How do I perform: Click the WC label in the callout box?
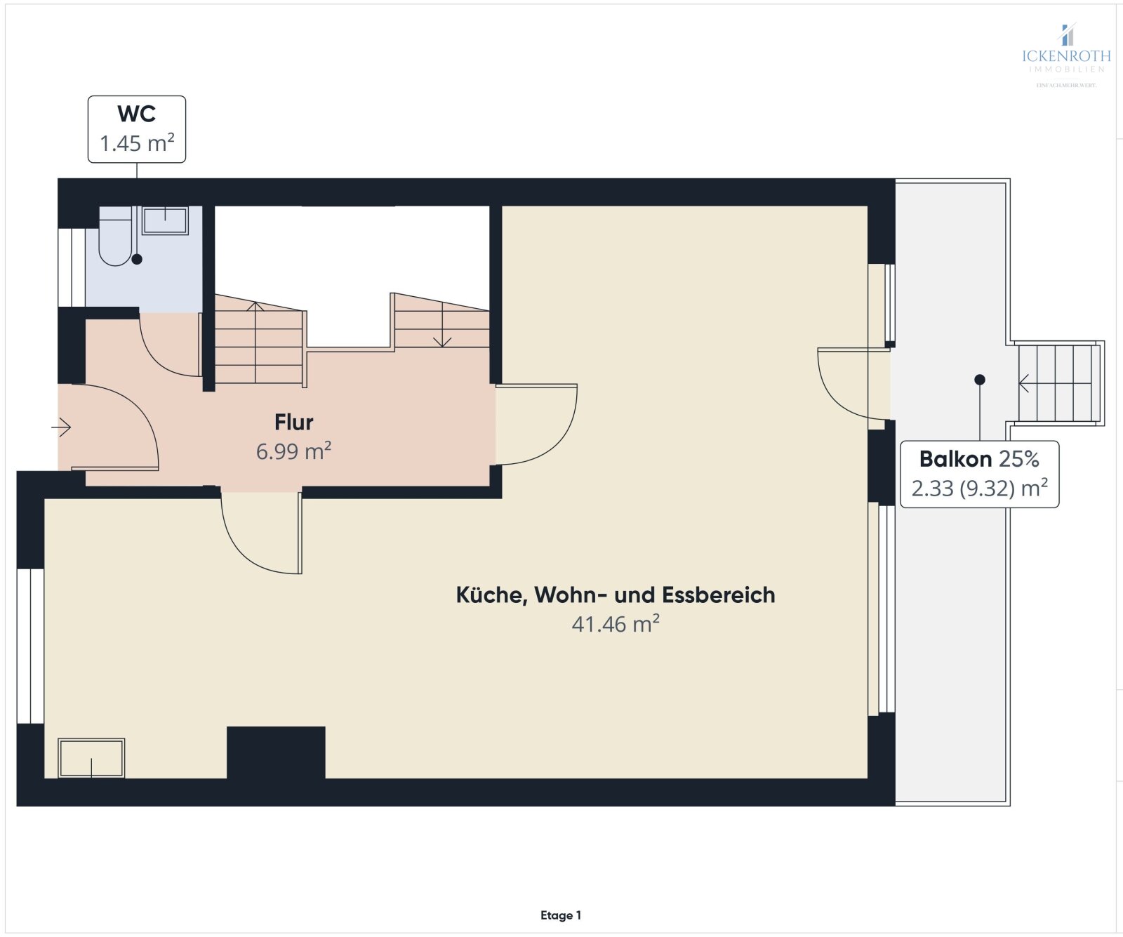(x=136, y=114)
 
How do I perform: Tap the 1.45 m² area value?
(x=137, y=143)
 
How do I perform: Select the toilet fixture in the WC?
(x=115, y=237)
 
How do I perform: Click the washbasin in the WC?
(x=166, y=220)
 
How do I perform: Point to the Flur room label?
(x=293, y=423)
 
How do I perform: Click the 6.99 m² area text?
(x=293, y=451)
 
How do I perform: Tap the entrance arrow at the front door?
(x=62, y=427)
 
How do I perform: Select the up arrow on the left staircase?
(x=255, y=307)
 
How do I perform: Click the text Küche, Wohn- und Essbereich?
(x=616, y=595)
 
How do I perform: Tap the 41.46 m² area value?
(x=616, y=624)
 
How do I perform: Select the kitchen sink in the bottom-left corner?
(x=91, y=758)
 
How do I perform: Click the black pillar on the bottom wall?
(x=276, y=752)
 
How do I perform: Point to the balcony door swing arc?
(x=839, y=393)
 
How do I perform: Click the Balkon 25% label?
(x=978, y=459)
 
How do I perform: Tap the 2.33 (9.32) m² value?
(x=979, y=488)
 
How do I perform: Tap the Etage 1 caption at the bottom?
(x=561, y=915)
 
